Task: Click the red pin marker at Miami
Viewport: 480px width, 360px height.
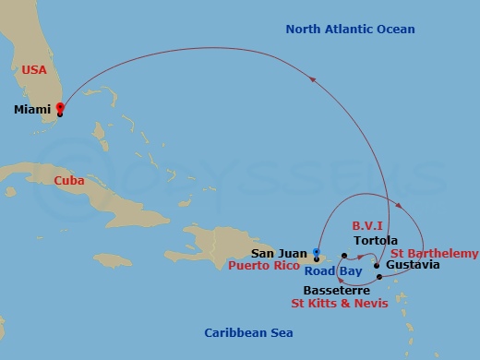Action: pos(60,108)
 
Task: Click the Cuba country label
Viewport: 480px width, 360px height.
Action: pos(70,181)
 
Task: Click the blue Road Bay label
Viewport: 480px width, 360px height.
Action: pos(333,272)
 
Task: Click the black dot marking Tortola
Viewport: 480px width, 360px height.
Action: pos(343,253)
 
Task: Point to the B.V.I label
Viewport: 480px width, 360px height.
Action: pos(367,224)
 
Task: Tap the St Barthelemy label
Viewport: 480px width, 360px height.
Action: pos(434,253)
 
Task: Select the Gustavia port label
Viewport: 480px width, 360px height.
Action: pos(413,267)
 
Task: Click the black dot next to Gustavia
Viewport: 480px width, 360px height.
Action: pos(377,267)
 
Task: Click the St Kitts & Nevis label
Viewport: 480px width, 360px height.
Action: pos(340,302)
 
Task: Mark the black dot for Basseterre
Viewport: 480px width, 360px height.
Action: pos(379,277)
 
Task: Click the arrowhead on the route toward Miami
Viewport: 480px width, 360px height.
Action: pos(313,80)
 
